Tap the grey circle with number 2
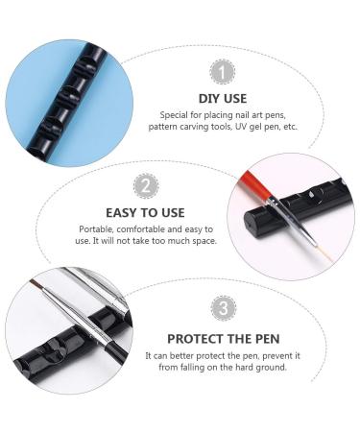click(145, 184)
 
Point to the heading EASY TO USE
click(146, 211)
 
